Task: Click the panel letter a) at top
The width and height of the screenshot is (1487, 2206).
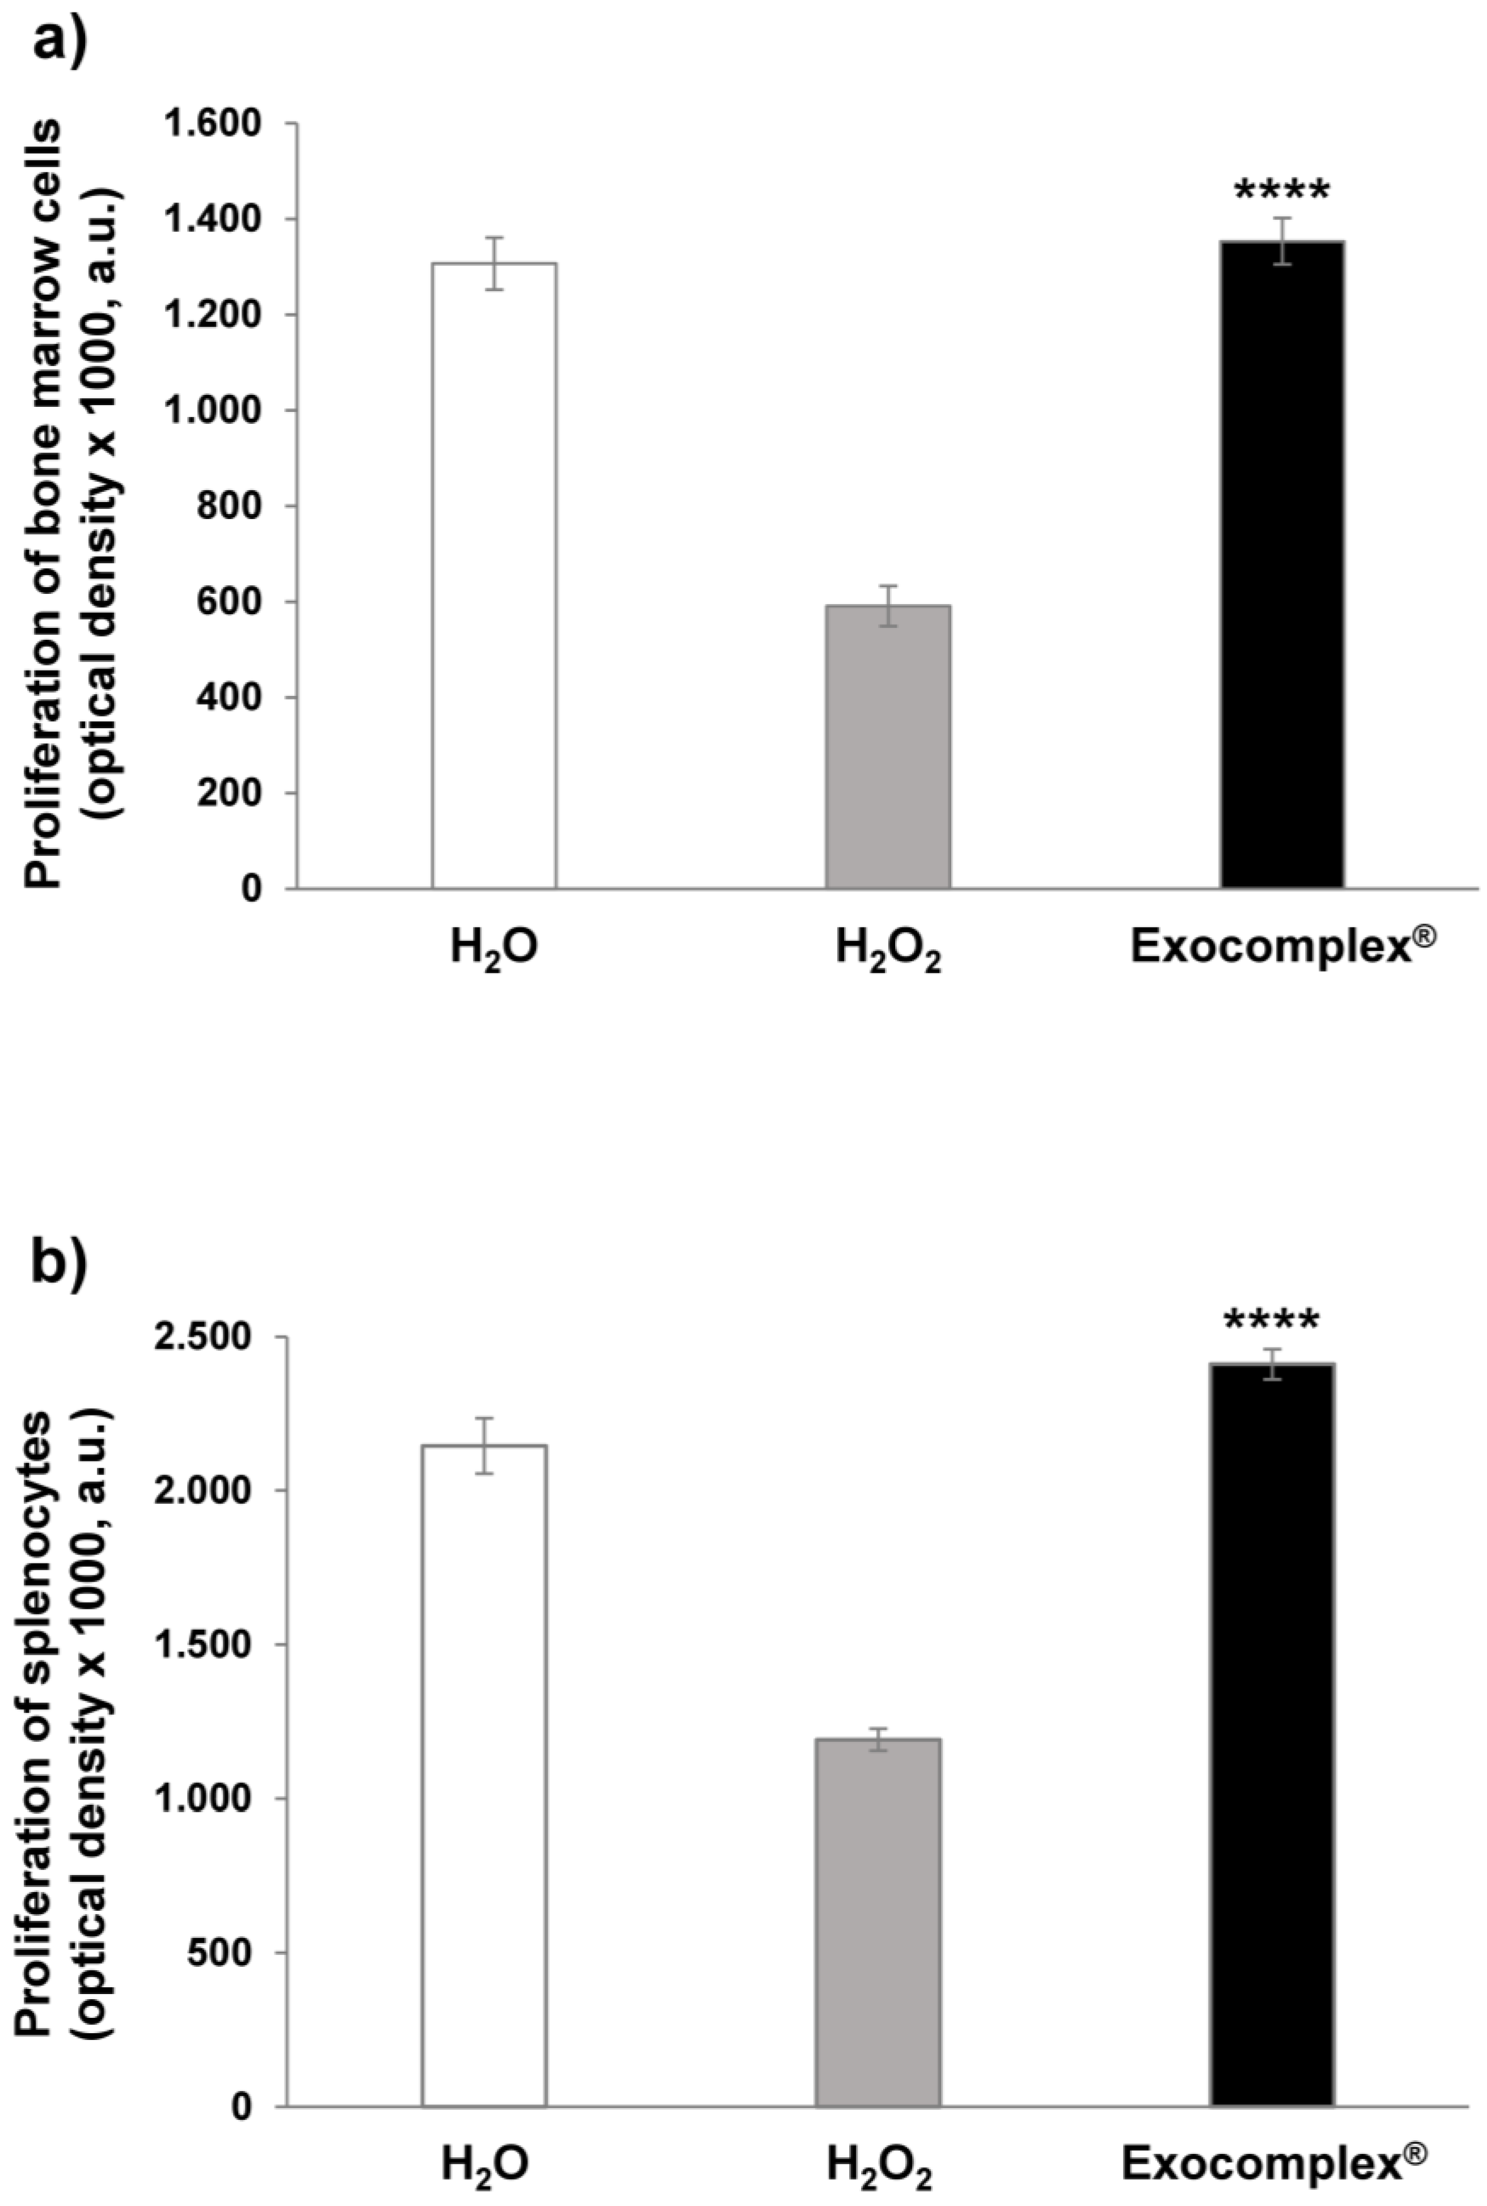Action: [x=59, y=42]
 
